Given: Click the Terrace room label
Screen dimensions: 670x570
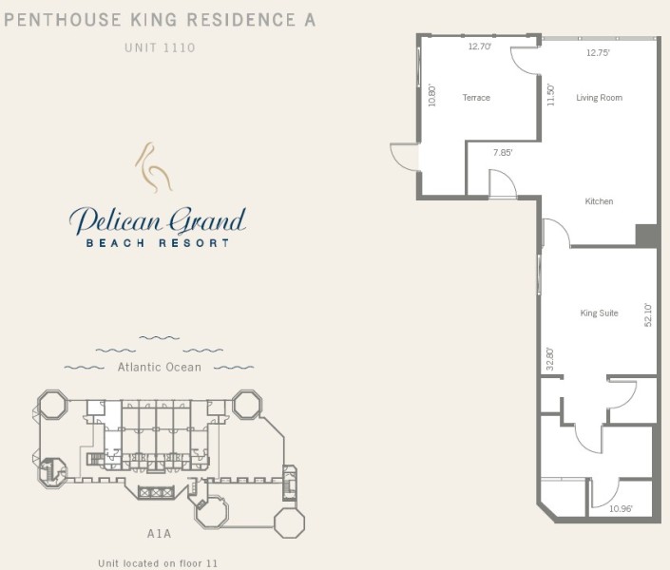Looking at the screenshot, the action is point(476,98).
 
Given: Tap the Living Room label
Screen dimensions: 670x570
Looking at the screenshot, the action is point(599,98).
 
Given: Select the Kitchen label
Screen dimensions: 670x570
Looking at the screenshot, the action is point(599,201).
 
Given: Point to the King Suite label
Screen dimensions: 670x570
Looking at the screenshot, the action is point(599,313).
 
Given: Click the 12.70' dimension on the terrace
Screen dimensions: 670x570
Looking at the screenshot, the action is point(480,47).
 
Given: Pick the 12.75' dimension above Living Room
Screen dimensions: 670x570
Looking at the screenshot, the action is point(598,53).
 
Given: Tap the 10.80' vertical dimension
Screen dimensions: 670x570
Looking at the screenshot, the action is point(432,95).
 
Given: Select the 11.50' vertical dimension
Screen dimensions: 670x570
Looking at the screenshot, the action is point(551,95).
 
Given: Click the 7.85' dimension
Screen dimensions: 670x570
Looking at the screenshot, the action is point(503,153).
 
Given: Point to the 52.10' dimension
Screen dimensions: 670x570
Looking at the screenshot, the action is point(648,314).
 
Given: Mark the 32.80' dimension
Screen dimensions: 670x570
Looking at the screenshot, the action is point(550,359).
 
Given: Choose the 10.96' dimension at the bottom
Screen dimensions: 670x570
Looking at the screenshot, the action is point(621,508).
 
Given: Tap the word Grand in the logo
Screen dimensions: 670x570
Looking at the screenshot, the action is point(208,221).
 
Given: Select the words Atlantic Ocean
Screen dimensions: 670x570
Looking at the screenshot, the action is point(160,367).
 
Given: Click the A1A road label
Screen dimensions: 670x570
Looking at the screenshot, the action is point(159,534).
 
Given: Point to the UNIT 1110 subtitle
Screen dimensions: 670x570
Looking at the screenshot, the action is point(160,47).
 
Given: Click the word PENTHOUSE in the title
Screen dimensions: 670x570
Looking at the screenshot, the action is point(63,20).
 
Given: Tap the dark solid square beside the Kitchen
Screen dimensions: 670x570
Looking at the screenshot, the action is point(646,235).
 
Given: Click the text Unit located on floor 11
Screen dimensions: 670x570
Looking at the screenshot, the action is point(158,563).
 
